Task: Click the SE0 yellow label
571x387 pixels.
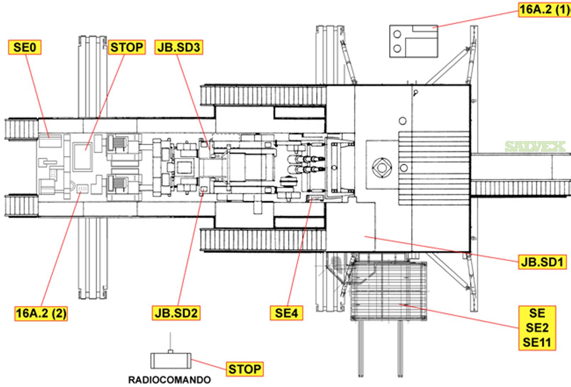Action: point(25,47)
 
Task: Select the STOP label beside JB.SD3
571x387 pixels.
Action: point(127,47)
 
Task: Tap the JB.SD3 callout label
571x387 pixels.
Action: point(179,47)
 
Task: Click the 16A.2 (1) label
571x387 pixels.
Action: point(545,10)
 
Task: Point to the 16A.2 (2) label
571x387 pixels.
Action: point(41,314)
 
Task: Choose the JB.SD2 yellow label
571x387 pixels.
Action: point(176,313)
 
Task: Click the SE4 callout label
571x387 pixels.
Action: point(287,313)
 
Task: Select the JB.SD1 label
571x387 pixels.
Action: point(542,262)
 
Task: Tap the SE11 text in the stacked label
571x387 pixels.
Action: point(537,342)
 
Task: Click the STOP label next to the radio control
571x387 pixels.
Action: point(245,369)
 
